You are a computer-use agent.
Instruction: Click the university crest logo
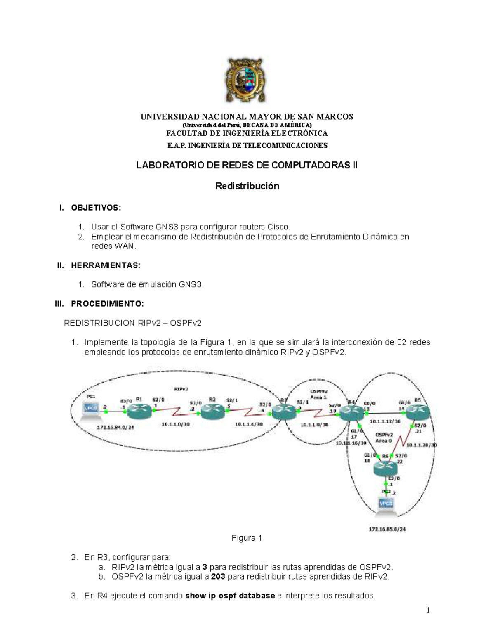pos(247,85)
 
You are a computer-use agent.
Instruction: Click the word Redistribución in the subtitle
pos(247,186)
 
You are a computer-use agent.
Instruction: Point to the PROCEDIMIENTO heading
pos(108,304)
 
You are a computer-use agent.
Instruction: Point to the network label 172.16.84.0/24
pos(115,428)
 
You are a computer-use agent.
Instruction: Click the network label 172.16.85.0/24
pos(388,529)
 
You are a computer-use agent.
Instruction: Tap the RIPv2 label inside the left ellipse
pos(181,389)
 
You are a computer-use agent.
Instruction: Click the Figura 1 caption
pos(247,538)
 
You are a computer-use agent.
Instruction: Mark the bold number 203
pos(218,577)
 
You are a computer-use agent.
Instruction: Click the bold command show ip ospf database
pos(230,596)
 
